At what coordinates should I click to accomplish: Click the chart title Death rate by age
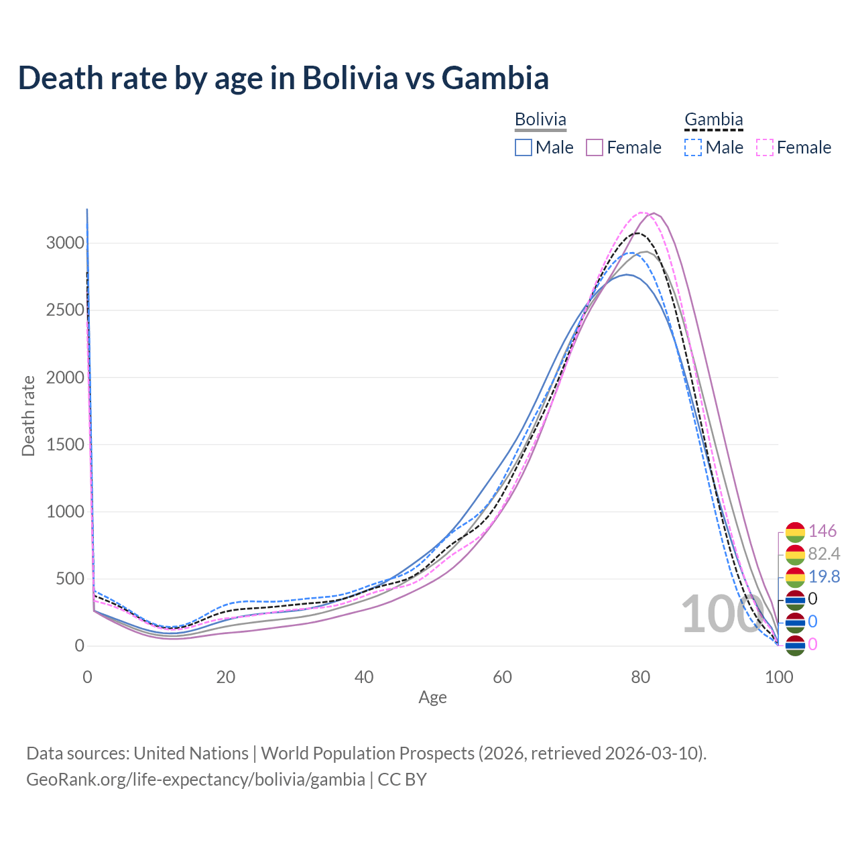tap(283, 78)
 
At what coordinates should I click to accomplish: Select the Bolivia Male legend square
tap(524, 147)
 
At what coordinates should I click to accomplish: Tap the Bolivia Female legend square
tap(595, 147)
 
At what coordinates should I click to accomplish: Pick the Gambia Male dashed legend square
tap(693, 147)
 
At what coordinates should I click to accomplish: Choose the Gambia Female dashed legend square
tap(764, 147)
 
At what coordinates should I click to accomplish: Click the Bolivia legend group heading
tap(540, 119)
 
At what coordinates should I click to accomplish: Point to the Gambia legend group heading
tap(713, 119)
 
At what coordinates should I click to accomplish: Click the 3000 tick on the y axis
tap(65, 243)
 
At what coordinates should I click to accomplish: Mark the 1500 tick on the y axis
tap(65, 444)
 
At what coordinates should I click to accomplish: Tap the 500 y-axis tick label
tap(69, 578)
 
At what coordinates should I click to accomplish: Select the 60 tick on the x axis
tap(502, 677)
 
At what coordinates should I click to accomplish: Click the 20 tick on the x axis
tap(225, 677)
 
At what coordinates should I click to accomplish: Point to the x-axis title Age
tap(432, 697)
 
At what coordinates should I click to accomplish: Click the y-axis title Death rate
tap(28, 416)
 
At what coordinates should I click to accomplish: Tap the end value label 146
tap(822, 531)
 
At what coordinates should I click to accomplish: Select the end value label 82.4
tap(824, 554)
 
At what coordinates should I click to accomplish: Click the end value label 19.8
tap(824, 576)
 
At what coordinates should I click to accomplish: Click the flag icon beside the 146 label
tap(794, 532)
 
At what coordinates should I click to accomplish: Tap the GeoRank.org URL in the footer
tap(196, 780)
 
